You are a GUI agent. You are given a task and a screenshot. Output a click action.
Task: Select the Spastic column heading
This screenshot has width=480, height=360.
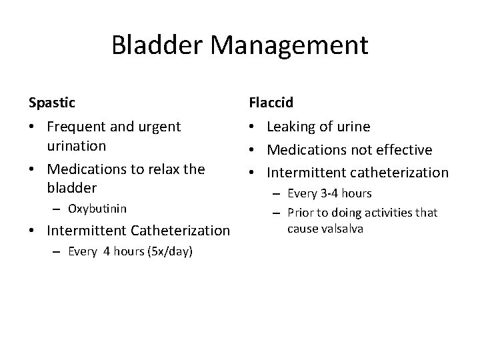click(52, 103)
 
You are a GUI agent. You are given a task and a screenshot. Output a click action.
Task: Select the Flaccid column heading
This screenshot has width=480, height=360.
click(271, 103)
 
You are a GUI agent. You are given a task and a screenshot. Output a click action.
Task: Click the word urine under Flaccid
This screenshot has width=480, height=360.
click(353, 127)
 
